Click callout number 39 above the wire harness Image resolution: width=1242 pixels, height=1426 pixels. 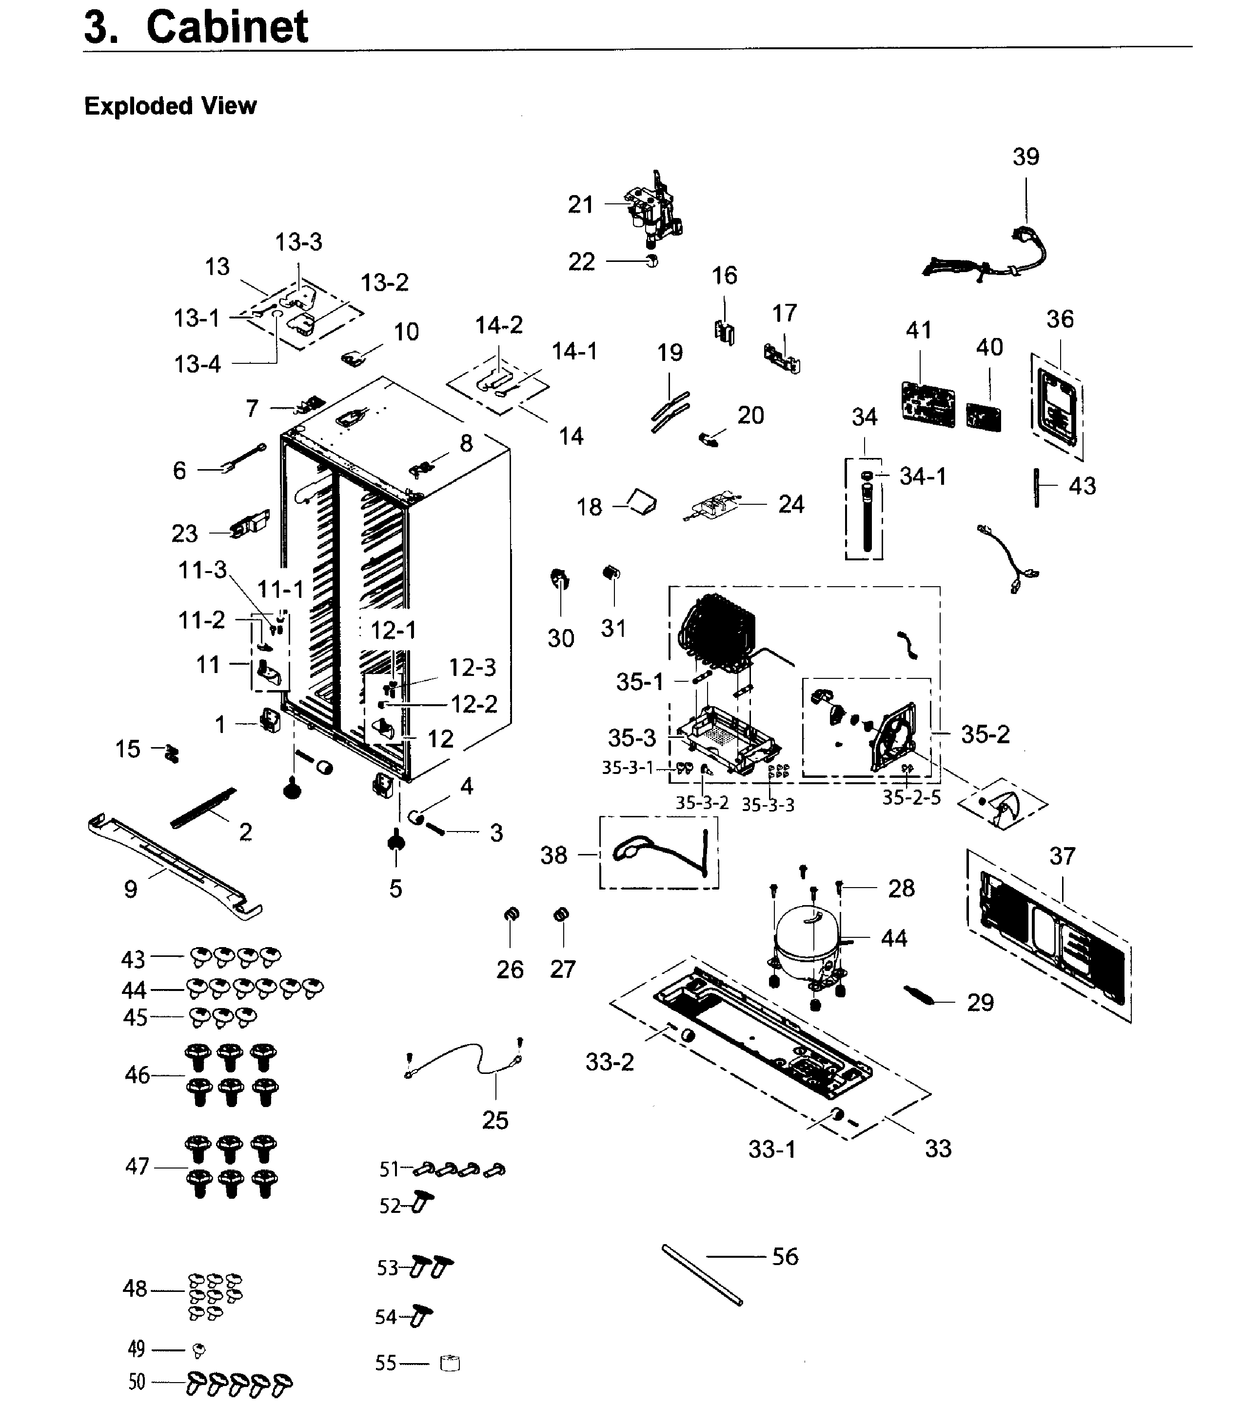[x=1026, y=157]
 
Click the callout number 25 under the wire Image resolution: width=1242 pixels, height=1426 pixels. [x=495, y=1120]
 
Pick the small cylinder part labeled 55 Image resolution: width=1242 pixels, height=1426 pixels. [x=450, y=1364]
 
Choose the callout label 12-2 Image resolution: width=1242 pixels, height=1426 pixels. [x=474, y=704]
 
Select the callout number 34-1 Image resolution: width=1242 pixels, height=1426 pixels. [x=923, y=476]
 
